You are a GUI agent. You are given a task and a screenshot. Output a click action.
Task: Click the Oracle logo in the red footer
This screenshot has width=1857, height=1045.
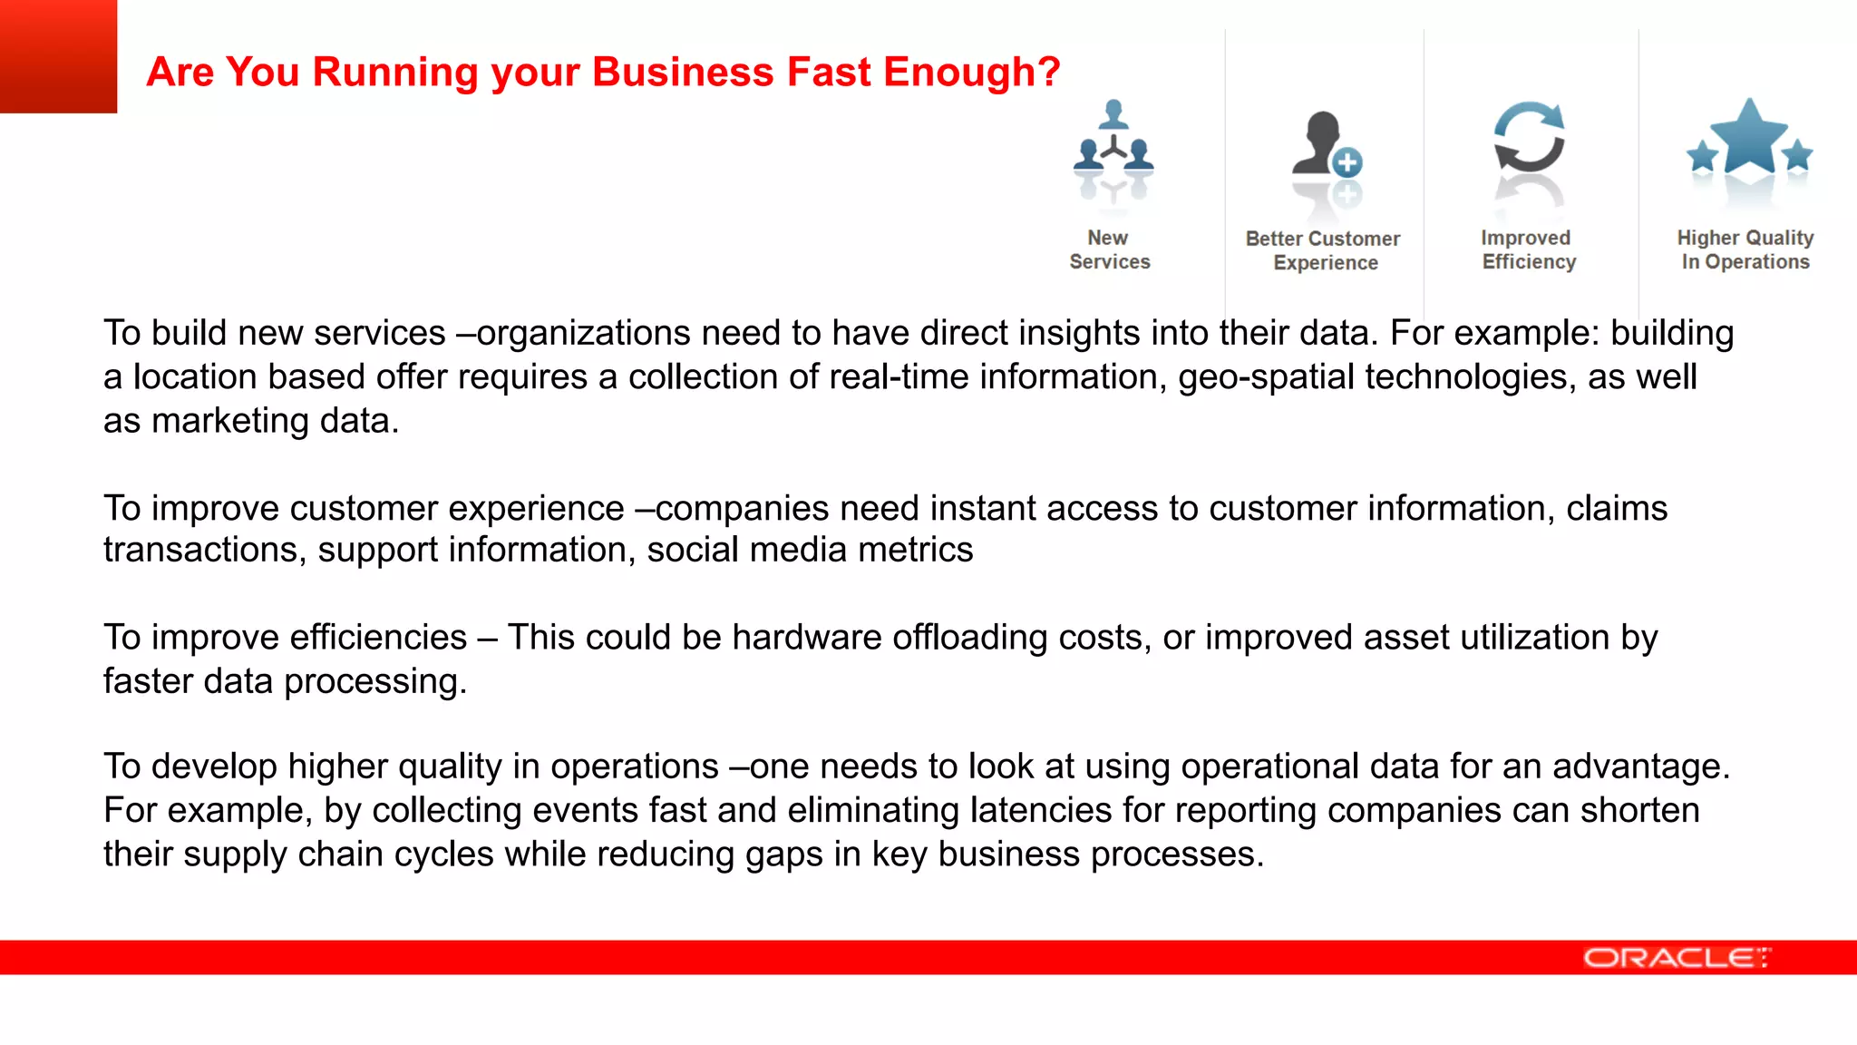(x=1676, y=958)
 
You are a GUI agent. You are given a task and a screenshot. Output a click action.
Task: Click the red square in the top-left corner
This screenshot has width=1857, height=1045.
(x=58, y=56)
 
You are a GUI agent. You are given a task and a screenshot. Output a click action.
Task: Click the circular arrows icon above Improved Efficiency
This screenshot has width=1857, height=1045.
(x=1529, y=138)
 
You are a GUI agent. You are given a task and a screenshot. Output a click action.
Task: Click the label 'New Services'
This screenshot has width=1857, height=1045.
(x=1109, y=249)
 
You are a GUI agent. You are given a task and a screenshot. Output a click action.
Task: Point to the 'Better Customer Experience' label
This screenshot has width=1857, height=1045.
(x=1324, y=250)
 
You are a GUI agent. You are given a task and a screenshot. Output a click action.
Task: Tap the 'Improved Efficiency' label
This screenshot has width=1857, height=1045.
(x=1528, y=249)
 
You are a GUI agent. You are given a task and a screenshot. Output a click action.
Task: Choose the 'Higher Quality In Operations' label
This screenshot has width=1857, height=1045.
(x=1745, y=249)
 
